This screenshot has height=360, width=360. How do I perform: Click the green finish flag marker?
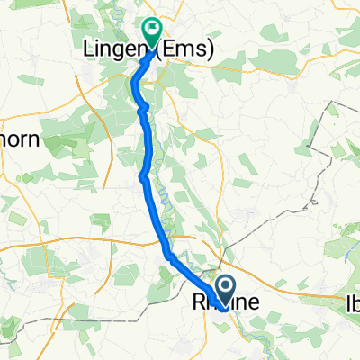[x=150, y=33]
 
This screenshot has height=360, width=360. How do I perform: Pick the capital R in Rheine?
[x=200, y=304]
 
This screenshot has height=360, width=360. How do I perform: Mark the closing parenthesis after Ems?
[x=211, y=51]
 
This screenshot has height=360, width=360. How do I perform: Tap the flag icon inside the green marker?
[x=150, y=30]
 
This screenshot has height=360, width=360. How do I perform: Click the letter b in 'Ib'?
[x=355, y=304]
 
